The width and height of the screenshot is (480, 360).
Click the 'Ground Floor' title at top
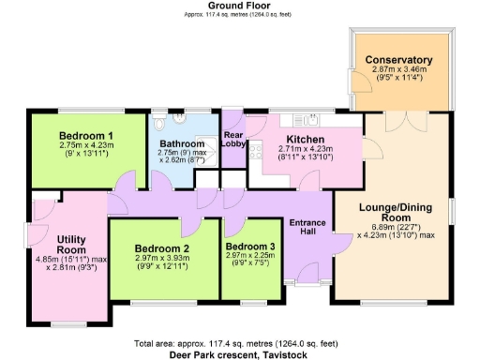point(239,6)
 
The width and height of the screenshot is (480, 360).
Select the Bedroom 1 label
point(86,135)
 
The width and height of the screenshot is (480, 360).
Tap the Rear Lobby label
point(233,139)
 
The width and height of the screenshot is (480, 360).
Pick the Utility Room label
point(71,246)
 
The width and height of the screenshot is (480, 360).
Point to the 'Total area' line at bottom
point(239,343)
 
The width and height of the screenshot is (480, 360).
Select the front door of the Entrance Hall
point(307,275)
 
